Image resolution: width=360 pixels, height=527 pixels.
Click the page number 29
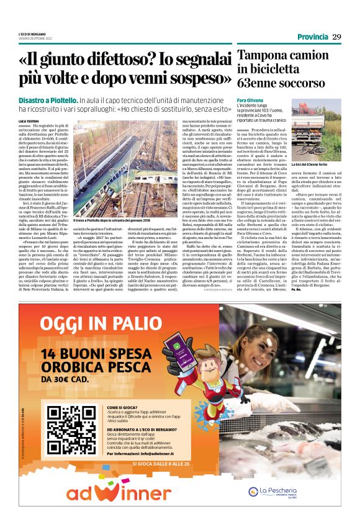click(336, 37)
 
